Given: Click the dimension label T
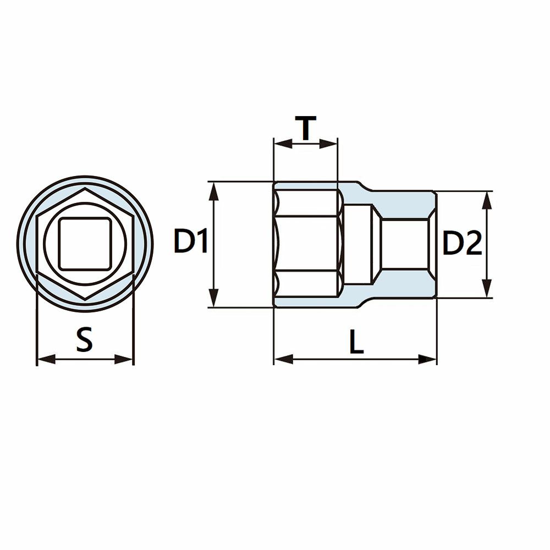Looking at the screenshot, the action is coord(305,128).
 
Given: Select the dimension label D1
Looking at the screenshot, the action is coord(191,241).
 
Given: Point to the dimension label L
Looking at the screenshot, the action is coord(357,342).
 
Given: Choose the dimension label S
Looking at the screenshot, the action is coord(85,339).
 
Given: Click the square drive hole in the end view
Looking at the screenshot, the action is coord(85,244).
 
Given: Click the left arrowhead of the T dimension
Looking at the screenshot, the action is coord(283,144).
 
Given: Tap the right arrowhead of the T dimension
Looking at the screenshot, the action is coord(328,144).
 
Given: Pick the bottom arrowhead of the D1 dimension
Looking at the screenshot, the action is coord(213,298).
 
